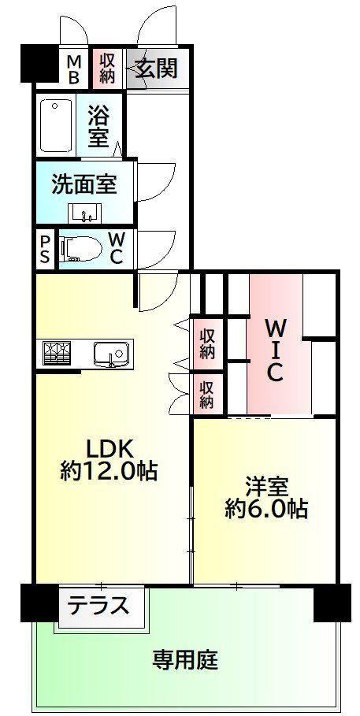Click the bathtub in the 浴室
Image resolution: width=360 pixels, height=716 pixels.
point(56,125)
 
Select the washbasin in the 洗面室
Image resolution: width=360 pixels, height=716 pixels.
point(85,213)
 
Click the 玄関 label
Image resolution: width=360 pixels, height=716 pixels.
point(156,69)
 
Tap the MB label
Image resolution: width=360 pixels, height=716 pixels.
point(74,69)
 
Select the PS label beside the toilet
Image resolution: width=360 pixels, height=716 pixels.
point(45,250)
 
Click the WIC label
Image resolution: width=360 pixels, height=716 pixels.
point(276,351)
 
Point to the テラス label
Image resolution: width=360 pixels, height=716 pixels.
point(98,606)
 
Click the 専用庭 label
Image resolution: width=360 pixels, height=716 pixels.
point(185,659)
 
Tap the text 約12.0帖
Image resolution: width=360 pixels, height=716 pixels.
point(109,470)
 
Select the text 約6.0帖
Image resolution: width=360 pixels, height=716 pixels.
point(266,508)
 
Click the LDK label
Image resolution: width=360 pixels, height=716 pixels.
point(110,449)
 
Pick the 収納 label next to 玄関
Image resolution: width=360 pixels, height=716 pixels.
point(107,68)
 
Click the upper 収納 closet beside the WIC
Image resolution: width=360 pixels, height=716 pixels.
point(207,343)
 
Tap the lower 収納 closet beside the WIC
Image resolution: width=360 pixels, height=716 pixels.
point(207,394)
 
